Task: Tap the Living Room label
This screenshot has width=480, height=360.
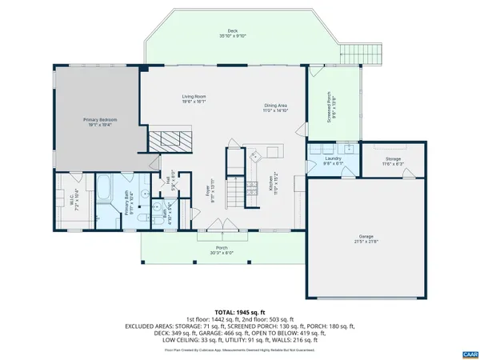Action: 194,99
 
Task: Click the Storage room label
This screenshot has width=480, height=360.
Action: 393,162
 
